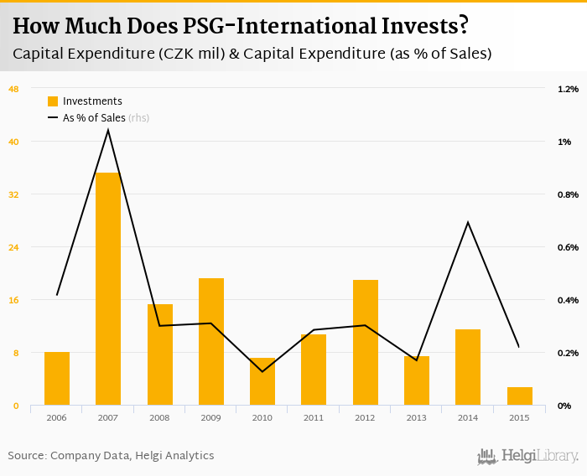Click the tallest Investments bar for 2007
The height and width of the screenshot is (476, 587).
(x=108, y=289)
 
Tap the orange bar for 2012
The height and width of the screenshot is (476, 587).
(x=366, y=342)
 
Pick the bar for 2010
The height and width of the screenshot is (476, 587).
(x=262, y=381)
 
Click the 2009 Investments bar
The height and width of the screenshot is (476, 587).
(x=211, y=341)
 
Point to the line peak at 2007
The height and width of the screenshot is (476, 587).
(x=108, y=130)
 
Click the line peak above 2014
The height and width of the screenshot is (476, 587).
(x=468, y=222)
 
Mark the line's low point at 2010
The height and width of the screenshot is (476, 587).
(x=262, y=371)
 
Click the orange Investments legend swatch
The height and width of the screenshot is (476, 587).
(x=53, y=101)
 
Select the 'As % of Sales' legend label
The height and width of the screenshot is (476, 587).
(x=94, y=118)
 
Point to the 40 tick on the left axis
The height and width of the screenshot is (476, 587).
(x=13, y=142)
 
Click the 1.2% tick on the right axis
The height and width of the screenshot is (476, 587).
(x=568, y=89)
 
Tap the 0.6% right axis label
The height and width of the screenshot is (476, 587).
(x=568, y=247)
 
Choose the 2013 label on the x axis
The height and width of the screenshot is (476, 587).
(x=417, y=417)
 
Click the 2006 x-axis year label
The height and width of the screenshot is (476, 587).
(x=57, y=417)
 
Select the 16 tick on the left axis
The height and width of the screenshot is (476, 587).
(x=13, y=300)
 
